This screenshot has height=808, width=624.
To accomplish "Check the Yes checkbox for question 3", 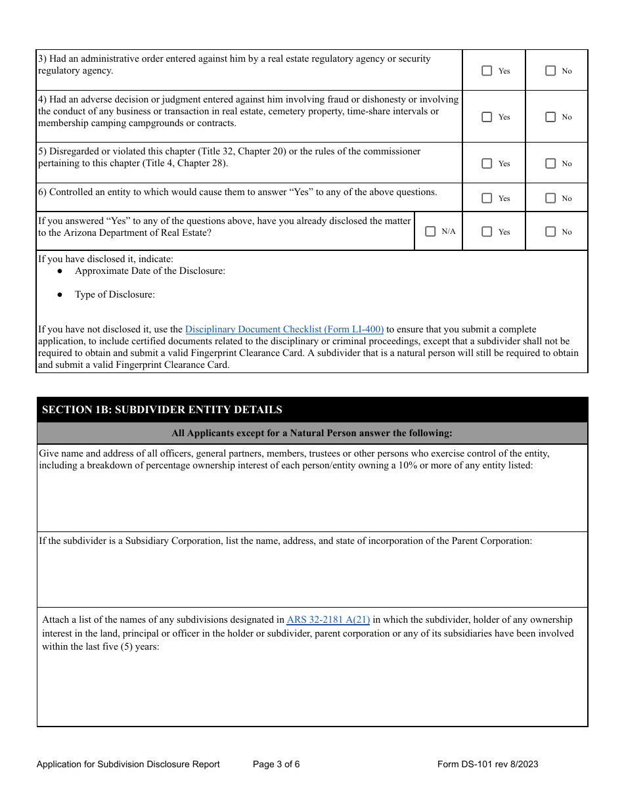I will tap(487, 71).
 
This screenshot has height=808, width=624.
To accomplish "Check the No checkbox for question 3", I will tap(550, 71).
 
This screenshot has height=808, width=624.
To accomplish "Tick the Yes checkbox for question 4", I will tap(487, 117).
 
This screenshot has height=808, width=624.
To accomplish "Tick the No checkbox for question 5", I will tap(550, 164).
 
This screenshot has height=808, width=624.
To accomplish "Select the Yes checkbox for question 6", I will tap(487, 198).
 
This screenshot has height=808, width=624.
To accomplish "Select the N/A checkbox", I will tap(430, 231).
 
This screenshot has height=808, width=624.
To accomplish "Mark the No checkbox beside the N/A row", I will tap(550, 232).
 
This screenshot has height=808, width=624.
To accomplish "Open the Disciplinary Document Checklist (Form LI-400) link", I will tap(284, 329).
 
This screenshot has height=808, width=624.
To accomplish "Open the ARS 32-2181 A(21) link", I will tap(328, 619).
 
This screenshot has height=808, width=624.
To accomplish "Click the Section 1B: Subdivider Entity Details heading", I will tap(162, 410).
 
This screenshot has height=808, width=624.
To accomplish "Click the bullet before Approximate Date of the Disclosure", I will tap(60, 271).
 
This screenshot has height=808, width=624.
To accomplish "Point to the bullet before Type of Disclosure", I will tap(60, 295).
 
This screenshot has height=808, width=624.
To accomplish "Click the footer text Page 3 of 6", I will tap(276, 764).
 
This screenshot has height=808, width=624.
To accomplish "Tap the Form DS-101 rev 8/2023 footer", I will tap(487, 764).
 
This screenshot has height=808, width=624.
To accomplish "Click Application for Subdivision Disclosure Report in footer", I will tap(128, 764).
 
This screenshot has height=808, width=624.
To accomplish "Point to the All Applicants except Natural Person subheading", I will tap(312, 433).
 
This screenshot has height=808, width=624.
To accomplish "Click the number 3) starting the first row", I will tap(43, 59).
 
